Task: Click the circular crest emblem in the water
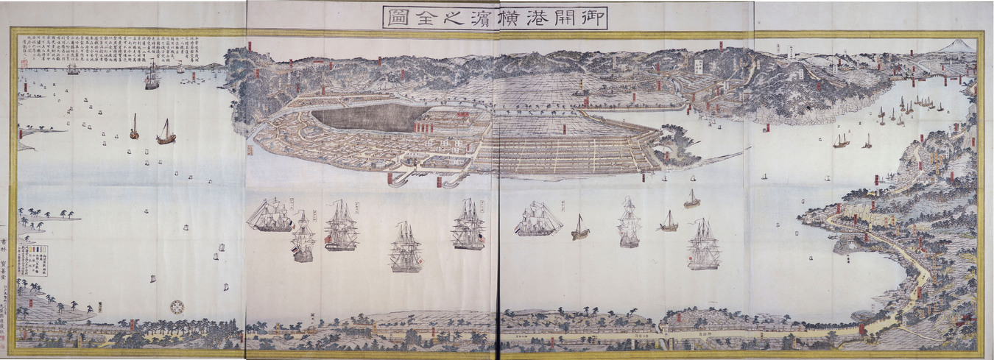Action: pyautogui.click(x=177, y=306)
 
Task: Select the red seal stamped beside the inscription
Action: pyautogui.click(x=23, y=64)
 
